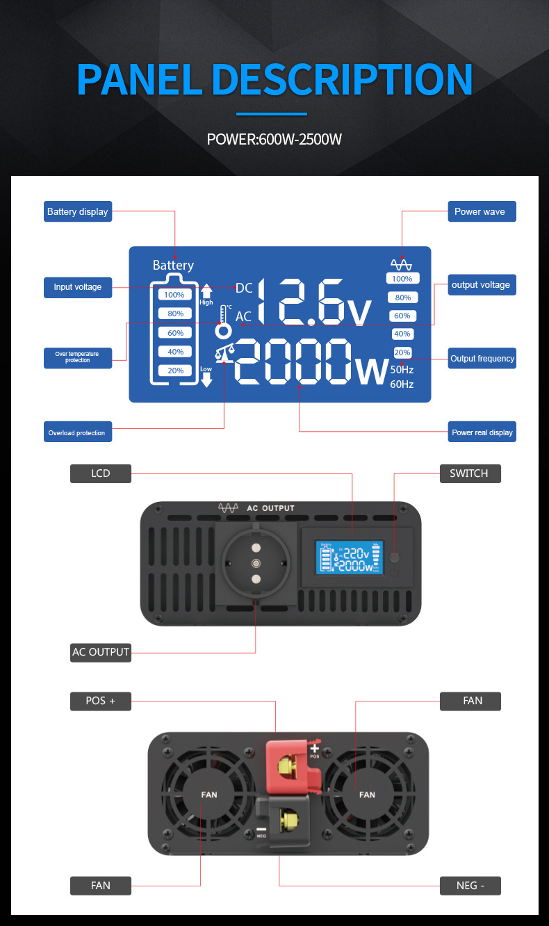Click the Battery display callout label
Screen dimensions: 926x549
(77, 211)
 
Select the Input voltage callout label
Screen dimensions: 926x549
(77, 287)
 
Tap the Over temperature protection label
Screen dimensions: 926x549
(77, 357)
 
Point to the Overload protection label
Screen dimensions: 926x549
(77, 432)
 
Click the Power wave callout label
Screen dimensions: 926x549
(480, 211)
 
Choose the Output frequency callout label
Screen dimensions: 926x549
(482, 358)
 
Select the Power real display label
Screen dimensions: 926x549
(482, 432)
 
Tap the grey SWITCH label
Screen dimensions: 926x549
(469, 473)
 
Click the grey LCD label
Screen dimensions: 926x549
(101, 473)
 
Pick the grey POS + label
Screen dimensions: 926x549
(101, 701)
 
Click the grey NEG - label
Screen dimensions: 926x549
(470, 886)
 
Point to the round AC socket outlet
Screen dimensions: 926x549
(256, 563)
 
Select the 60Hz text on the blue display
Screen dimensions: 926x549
(402, 384)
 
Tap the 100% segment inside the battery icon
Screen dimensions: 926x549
(175, 295)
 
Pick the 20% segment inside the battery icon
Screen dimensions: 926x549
(175, 371)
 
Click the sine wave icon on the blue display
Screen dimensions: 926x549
(401, 264)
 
